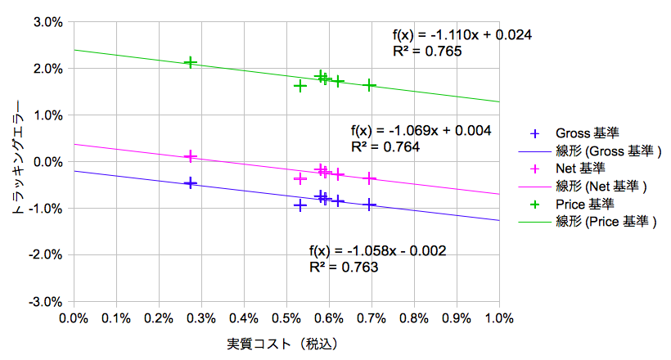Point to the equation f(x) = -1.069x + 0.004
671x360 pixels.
[421, 131]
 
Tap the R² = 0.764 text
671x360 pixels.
[385, 147]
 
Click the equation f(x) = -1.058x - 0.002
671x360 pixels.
[377, 250]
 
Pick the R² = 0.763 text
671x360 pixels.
[344, 267]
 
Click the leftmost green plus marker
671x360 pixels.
[191, 62]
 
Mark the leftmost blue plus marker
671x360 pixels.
[191, 182]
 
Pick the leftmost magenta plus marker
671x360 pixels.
[191, 155]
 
